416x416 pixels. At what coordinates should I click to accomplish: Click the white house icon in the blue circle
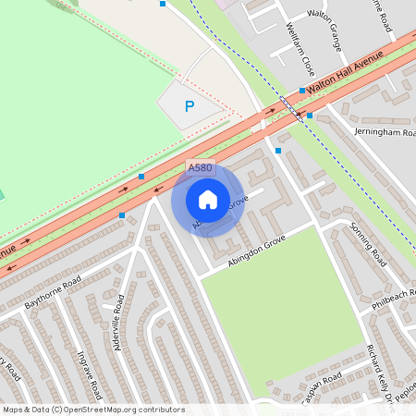tap(208, 200)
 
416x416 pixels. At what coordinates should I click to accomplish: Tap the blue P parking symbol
tap(190, 106)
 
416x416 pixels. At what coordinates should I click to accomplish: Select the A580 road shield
tap(200, 168)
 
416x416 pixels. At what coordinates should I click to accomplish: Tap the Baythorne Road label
tap(54, 291)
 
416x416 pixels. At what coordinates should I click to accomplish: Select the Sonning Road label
tap(367, 244)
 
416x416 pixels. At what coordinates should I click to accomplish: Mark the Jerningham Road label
tap(385, 133)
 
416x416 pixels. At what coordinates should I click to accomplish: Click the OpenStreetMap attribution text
tap(93, 410)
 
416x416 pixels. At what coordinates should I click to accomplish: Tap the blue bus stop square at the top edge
tap(163, 4)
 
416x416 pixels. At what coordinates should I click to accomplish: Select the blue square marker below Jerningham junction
tap(278, 150)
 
